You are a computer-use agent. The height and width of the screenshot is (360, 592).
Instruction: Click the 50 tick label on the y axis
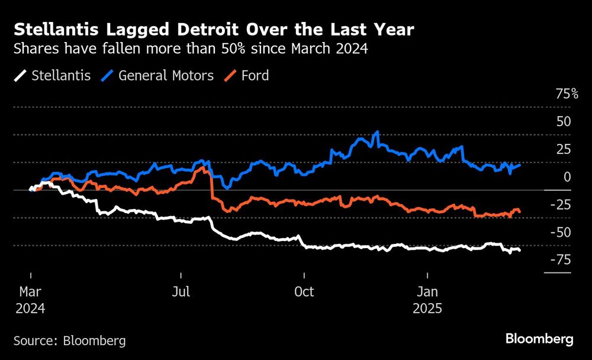pyautogui.click(x=563, y=121)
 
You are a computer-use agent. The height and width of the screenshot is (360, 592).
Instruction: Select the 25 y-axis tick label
pyautogui.click(x=563, y=149)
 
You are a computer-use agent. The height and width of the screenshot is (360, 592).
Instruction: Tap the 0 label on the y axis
pyautogui.click(x=567, y=176)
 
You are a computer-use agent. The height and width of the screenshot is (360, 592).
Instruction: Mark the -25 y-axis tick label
pyautogui.click(x=560, y=204)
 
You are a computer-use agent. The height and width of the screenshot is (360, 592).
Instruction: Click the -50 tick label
pyautogui.click(x=560, y=232)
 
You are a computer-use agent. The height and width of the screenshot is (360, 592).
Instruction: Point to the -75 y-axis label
pyautogui.click(x=560, y=259)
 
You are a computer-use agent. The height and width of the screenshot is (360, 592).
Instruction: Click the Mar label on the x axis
pyautogui.click(x=30, y=292)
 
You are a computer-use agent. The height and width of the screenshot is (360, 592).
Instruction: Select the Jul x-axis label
pyautogui.click(x=181, y=292)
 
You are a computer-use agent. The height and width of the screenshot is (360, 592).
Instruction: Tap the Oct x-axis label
pyautogui.click(x=304, y=292)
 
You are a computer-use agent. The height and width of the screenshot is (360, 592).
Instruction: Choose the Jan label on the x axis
pyautogui.click(x=427, y=292)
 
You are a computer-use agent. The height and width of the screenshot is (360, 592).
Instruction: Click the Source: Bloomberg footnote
pyautogui.click(x=70, y=340)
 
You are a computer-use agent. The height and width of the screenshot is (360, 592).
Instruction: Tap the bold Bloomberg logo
pyautogui.click(x=539, y=339)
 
